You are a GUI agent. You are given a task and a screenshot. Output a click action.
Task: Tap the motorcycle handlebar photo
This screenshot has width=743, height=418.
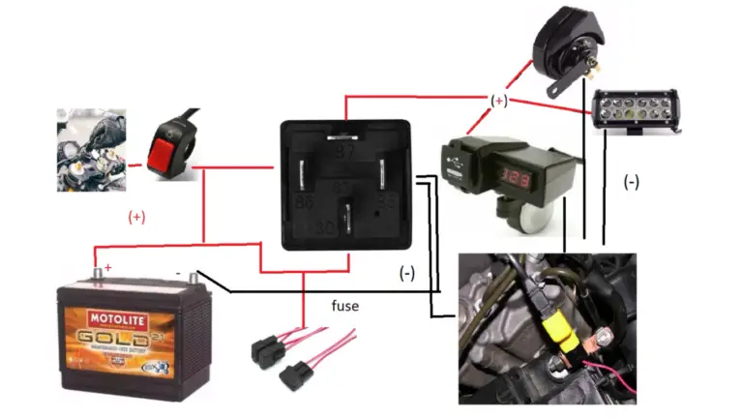(90, 149)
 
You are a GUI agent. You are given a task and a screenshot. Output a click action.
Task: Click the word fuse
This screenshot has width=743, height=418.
(344, 306)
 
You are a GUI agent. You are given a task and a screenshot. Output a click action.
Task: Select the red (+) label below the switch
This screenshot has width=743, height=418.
(135, 217)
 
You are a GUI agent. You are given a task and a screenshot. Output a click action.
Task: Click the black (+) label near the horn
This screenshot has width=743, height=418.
(498, 100)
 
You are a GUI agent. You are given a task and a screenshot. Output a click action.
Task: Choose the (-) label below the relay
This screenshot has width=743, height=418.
(408, 274)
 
